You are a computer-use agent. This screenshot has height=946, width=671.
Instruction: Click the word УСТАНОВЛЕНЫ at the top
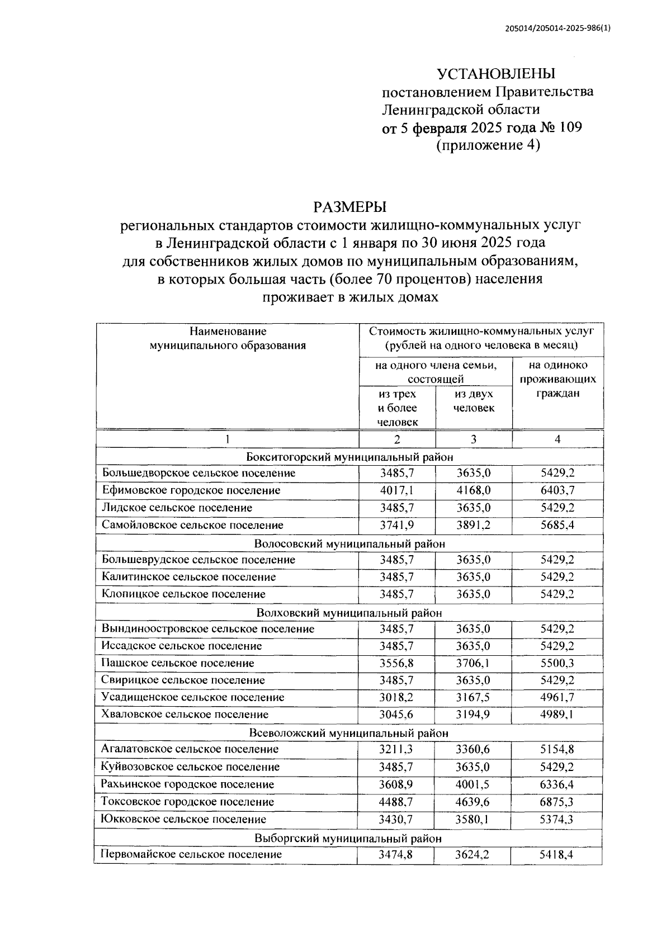click(x=496, y=74)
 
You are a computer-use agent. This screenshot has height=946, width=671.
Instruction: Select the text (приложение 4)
click(x=488, y=145)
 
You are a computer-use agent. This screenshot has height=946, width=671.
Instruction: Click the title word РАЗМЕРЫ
click(x=350, y=207)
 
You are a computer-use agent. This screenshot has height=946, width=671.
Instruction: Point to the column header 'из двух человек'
click(x=474, y=401)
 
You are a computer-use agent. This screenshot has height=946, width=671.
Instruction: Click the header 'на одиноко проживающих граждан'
click(x=557, y=379)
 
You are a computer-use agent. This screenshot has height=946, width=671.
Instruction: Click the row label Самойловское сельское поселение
click(x=192, y=525)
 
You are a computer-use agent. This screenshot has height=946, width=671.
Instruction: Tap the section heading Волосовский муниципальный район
click(x=349, y=543)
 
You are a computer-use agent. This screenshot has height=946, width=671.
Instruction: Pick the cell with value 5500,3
click(x=557, y=663)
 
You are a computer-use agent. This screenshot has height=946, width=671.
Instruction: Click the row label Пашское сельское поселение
click(x=178, y=663)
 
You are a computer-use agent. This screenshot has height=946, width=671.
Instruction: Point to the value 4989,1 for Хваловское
click(x=557, y=715)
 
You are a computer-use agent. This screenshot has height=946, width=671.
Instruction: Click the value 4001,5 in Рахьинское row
click(x=473, y=784)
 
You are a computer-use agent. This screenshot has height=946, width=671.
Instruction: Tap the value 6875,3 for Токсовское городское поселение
click(x=557, y=802)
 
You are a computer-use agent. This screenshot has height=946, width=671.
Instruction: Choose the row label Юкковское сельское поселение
click(x=183, y=819)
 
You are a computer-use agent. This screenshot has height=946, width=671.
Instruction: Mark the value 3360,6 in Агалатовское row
click(x=473, y=749)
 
